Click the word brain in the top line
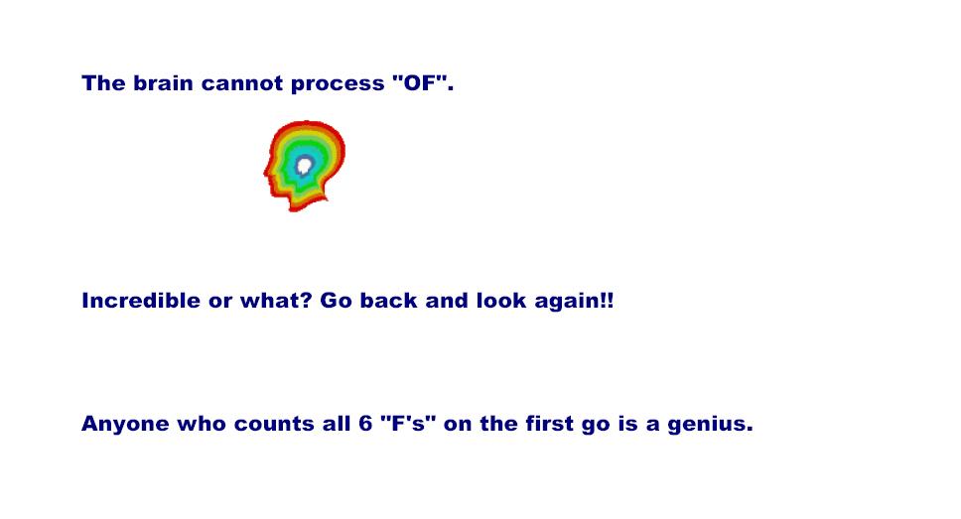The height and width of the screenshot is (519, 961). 164,82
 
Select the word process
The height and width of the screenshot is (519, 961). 338,84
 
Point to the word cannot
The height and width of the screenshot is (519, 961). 242,83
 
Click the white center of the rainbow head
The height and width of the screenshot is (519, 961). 305,165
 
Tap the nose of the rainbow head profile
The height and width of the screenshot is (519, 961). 266,174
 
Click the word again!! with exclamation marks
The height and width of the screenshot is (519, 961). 574,302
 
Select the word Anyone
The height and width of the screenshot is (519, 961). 125,424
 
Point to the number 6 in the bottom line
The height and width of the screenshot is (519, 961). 366,424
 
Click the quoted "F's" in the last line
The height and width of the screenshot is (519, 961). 408,423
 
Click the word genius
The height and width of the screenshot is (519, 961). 710,425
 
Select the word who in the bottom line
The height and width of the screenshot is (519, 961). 202,423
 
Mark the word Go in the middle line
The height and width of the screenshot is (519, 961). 337,301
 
